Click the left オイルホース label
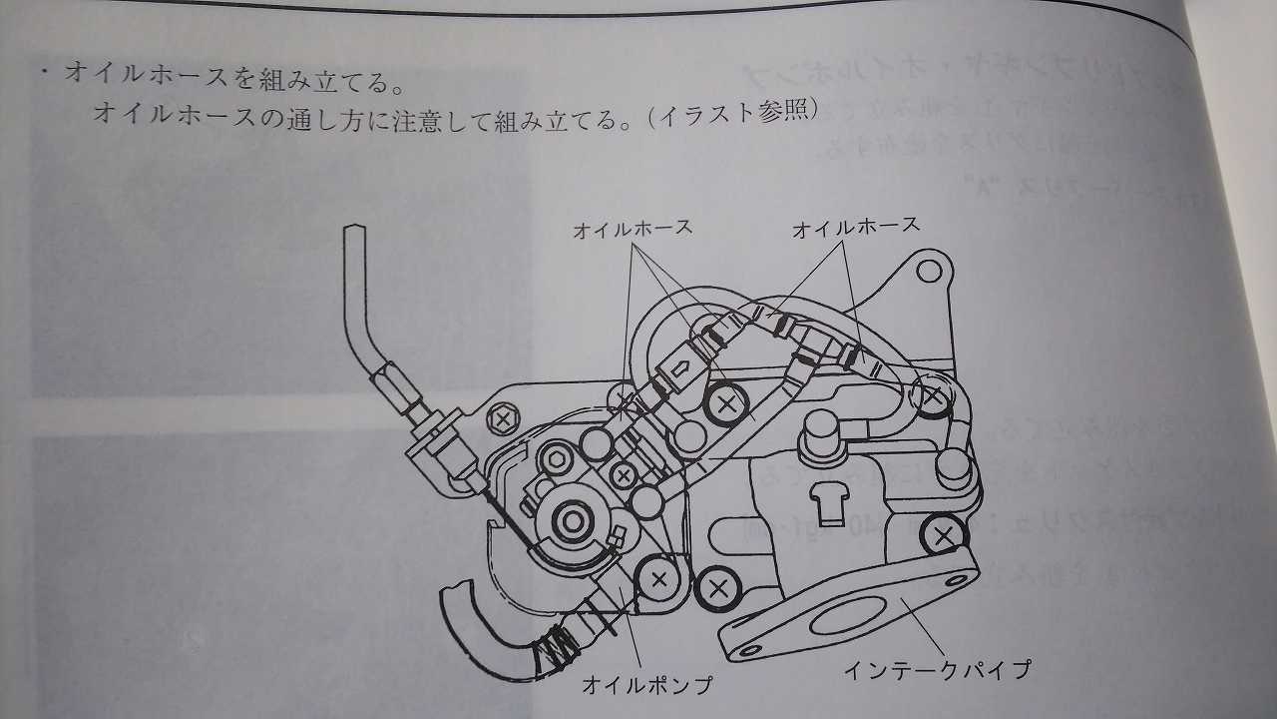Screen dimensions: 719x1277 point(633,229)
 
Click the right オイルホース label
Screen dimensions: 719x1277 point(855,227)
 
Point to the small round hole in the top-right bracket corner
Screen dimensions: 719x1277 point(930,270)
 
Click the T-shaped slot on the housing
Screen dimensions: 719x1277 point(826,500)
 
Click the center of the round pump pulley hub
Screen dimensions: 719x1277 point(573,519)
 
